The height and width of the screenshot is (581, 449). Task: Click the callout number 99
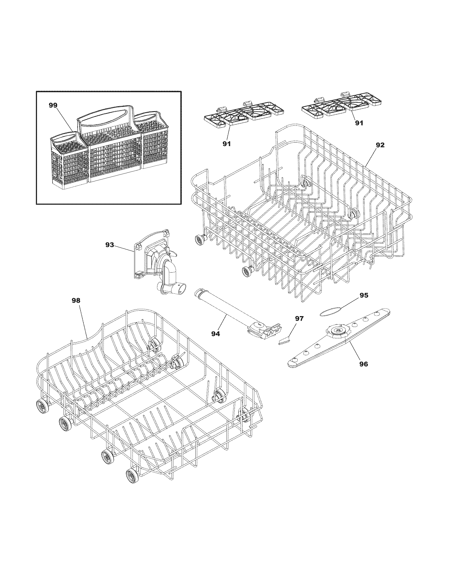pyautogui.click(x=53, y=106)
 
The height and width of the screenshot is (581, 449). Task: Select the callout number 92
pyautogui.click(x=380, y=145)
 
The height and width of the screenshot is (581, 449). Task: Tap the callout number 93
pyautogui.click(x=109, y=245)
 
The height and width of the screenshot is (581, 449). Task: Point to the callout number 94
pyautogui.click(x=216, y=334)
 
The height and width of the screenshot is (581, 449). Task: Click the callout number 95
pyautogui.click(x=364, y=295)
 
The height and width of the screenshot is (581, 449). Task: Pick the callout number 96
pyautogui.click(x=364, y=364)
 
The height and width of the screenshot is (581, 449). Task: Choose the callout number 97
pyautogui.click(x=299, y=318)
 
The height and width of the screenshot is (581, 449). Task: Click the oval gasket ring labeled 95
pyautogui.click(x=330, y=310)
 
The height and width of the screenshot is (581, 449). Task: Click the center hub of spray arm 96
pyautogui.click(x=338, y=331)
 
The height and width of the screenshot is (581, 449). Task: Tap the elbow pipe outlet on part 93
pyautogui.click(x=181, y=288)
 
